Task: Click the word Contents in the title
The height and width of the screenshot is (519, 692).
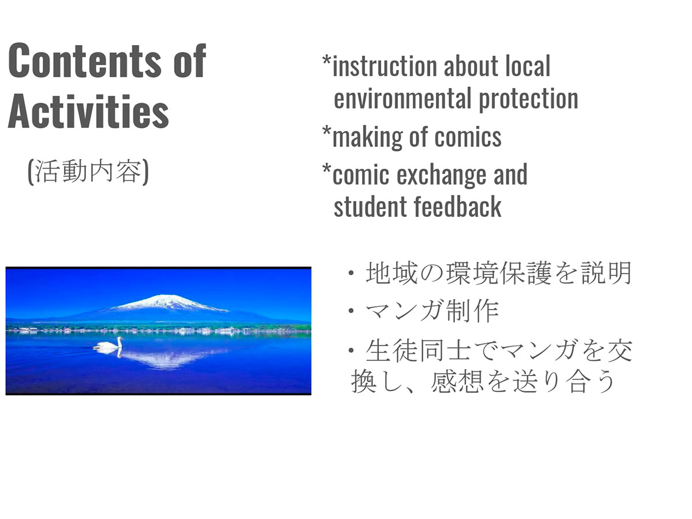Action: (x=85, y=61)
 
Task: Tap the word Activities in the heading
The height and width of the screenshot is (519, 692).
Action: (x=88, y=111)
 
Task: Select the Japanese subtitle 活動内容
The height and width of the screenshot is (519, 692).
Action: (x=88, y=171)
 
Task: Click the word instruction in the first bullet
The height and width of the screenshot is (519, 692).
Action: (x=385, y=66)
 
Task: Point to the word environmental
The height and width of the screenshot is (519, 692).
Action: (x=403, y=98)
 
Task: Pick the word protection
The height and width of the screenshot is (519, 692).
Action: (x=528, y=99)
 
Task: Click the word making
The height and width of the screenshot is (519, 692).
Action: (x=367, y=137)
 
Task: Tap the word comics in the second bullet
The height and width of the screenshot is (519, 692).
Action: (x=468, y=137)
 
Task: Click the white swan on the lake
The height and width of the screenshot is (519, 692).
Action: (x=108, y=344)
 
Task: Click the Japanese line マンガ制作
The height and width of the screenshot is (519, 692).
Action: (x=432, y=311)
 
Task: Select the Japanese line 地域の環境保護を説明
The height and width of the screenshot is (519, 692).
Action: (x=499, y=273)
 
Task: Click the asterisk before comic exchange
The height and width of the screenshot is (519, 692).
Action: (x=326, y=169)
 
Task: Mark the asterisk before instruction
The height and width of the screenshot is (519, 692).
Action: (x=326, y=61)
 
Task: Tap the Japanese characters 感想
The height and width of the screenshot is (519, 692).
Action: (x=457, y=382)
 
